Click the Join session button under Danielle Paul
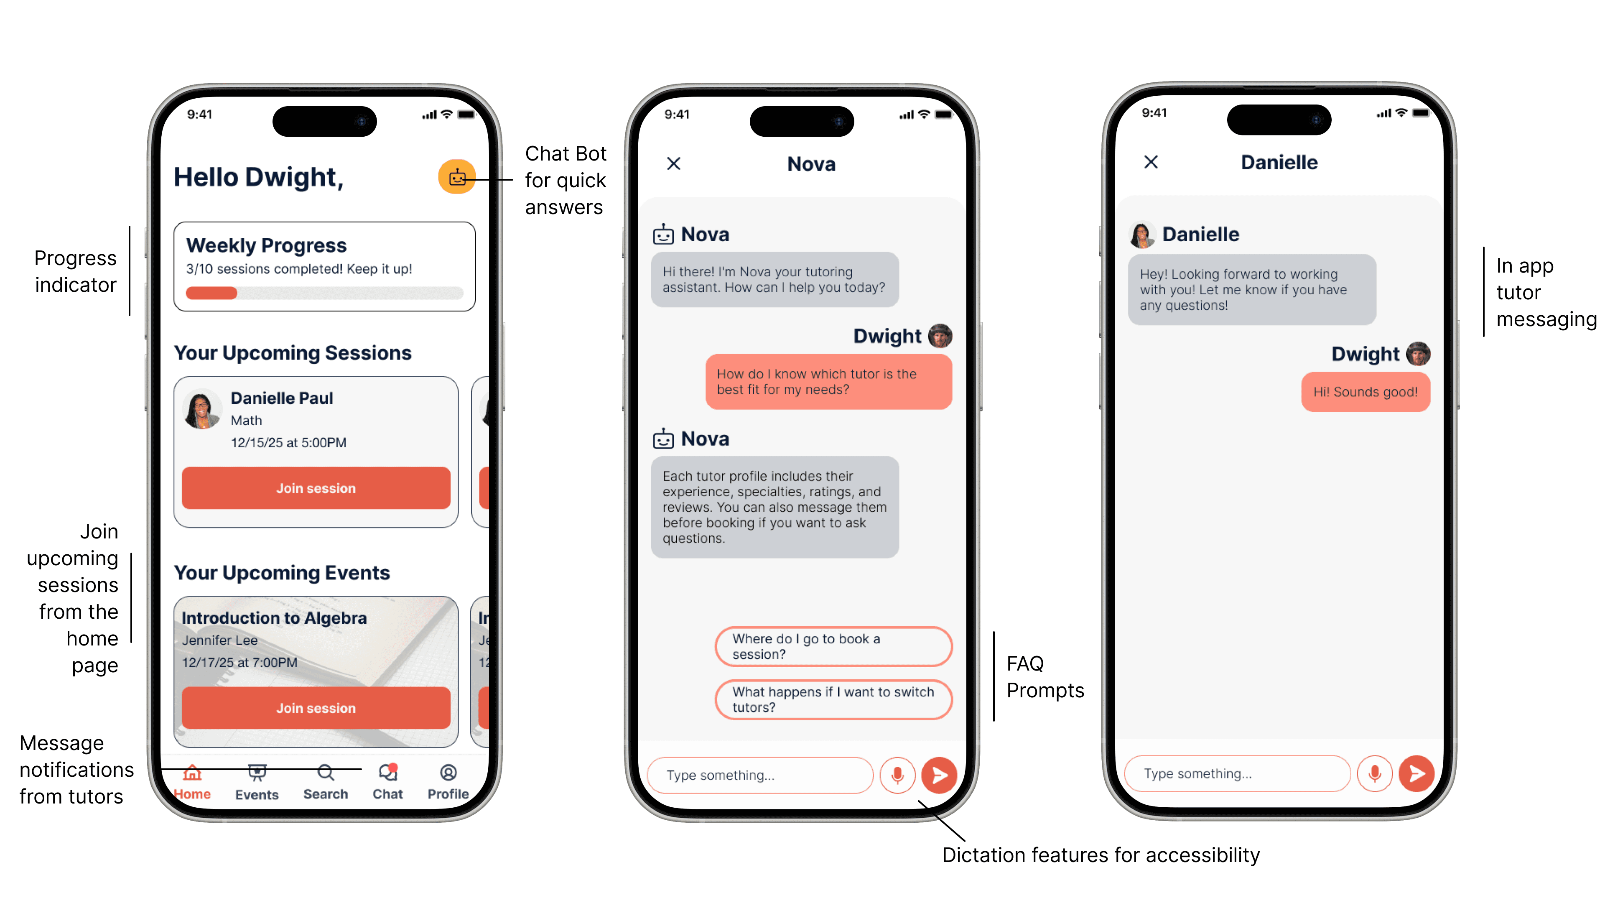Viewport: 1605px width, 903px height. coord(316,488)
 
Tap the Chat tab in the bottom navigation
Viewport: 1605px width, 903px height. coord(387,781)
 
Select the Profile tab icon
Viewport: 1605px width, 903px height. coord(448,773)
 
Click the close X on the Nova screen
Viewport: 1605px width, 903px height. coord(673,163)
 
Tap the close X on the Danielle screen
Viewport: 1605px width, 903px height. coord(1151,162)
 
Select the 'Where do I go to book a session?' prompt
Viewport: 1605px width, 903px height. coord(833,646)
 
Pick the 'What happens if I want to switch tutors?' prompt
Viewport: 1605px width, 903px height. coord(833,699)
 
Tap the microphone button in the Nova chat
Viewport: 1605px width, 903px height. coord(897,775)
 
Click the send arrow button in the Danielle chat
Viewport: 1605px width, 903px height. coord(1416,773)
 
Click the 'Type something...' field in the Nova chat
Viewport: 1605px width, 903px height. coord(760,775)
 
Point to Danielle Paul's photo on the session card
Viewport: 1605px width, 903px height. coord(201,409)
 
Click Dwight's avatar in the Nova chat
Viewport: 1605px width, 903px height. coord(940,336)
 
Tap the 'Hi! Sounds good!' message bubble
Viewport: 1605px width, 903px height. coord(1365,392)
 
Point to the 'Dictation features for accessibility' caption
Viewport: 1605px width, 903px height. coord(1101,855)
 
